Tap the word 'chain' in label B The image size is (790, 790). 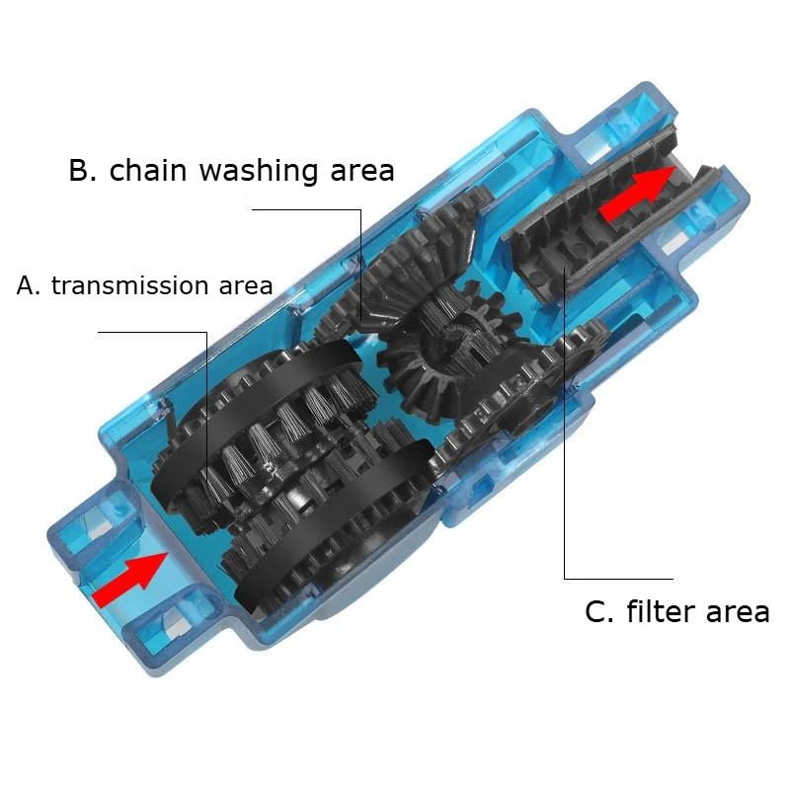click(148, 170)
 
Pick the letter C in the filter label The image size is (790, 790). click(598, 611)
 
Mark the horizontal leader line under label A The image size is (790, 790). click(153, 332)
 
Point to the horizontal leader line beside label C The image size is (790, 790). click(618, 578)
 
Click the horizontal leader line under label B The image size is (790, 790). click(306, 209)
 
